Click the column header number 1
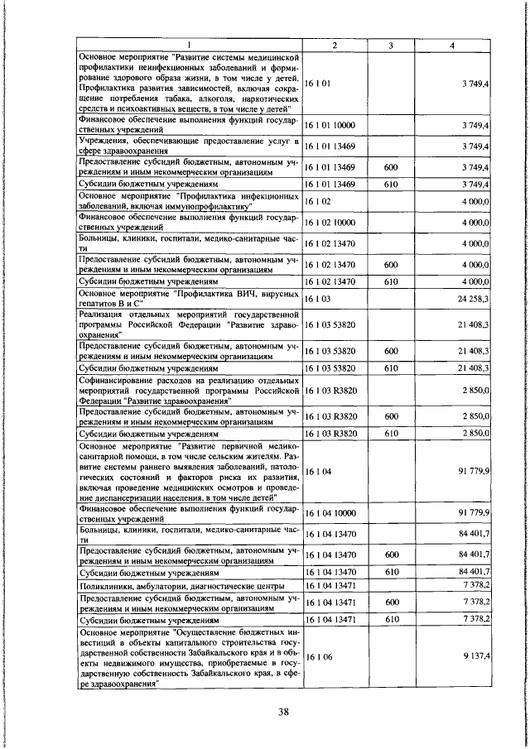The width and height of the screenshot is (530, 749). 188,45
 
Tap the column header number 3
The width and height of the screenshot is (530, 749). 389,45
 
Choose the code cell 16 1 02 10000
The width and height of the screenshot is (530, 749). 330,223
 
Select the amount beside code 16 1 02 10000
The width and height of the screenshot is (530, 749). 475,223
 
